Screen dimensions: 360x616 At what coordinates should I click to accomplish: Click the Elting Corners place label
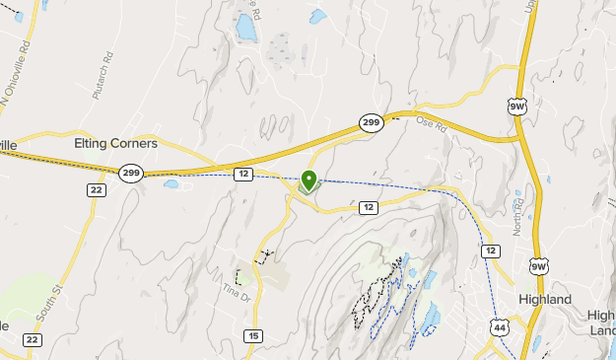[x=115, y=143]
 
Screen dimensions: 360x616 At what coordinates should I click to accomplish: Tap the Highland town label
[x=545, y=299]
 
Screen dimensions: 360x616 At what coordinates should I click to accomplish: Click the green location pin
[x=308, y=180]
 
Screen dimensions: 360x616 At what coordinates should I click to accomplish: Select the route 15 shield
[x=253, y=336]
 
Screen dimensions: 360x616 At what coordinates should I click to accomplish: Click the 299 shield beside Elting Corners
[x=130, y=173]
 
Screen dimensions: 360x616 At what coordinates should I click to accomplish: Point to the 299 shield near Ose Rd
[x=371, y=122]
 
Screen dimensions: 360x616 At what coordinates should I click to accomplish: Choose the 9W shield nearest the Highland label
[x=537, y=265]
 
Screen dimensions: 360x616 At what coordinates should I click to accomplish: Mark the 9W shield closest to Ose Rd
[x=515, y=104]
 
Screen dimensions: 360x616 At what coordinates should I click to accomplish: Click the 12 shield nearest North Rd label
[x=490, y=252]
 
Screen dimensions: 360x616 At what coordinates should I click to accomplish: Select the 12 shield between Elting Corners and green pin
[x=243, y=174]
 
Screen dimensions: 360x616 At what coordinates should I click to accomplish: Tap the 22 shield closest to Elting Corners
[x=96, y=189]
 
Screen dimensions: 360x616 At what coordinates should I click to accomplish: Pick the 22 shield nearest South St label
[x=32, y=339]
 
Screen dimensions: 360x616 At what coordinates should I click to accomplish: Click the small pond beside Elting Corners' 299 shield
[x=171, y=183]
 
